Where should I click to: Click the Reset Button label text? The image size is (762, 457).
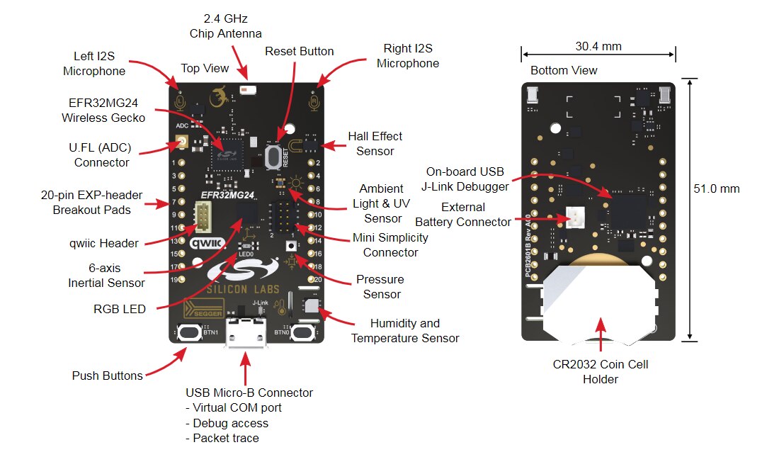coord(299,52)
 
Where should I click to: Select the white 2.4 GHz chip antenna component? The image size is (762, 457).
coord(248,90)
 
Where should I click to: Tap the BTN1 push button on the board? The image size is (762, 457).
coord(188,332)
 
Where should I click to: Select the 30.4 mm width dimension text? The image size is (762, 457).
coord(598,47)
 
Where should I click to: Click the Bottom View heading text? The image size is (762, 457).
coord(564,71)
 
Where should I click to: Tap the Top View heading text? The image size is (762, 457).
coord(205,68)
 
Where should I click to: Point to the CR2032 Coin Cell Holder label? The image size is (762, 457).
coord(601,372)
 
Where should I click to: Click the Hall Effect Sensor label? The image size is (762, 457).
coord(375,143)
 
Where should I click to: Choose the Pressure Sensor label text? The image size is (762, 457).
coord(379,287)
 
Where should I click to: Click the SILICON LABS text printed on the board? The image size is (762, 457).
coord(246,289)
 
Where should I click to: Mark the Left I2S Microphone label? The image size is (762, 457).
coord(94,63)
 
